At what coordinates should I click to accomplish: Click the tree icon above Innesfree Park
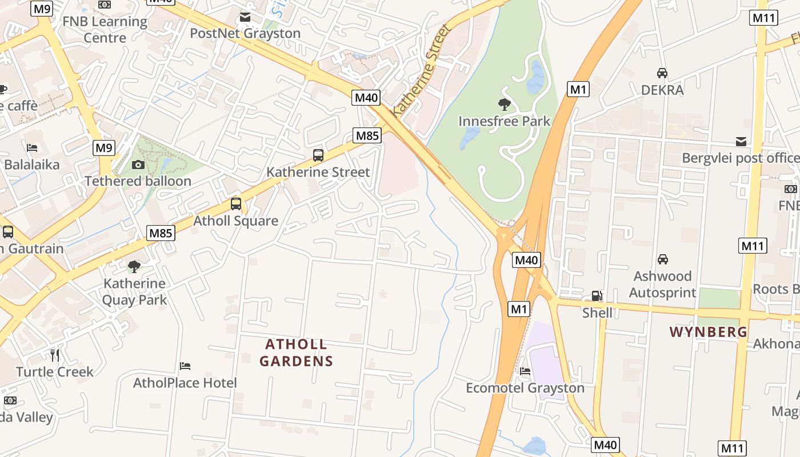(504, 104)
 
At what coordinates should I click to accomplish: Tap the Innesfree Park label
(504, 121)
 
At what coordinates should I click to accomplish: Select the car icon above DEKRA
(662, 73)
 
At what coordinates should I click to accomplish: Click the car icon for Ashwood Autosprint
(662, 259)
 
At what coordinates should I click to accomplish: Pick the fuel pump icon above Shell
(597, 296)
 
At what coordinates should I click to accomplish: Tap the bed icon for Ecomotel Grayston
(525, 371)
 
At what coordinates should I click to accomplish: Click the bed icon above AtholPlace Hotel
(185, 366)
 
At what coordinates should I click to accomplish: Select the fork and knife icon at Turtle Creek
(55, 355)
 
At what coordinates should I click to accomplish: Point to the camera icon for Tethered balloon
(138, 165)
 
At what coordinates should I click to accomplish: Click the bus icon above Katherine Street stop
(318, 155)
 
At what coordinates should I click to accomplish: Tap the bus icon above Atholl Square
(235, 204)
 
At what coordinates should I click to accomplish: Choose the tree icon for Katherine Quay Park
(134, 266)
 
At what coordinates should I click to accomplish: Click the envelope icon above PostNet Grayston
(245, 17)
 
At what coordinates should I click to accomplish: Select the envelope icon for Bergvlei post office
(741, 142)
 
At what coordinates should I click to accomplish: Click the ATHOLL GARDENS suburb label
(296, 352)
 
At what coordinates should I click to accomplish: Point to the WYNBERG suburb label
(708, 332)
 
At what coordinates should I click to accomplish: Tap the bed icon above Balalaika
(32, 148)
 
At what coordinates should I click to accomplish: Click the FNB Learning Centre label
(105, 30)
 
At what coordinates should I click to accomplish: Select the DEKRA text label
(662, 90)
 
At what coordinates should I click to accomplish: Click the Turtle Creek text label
(55, 372)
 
